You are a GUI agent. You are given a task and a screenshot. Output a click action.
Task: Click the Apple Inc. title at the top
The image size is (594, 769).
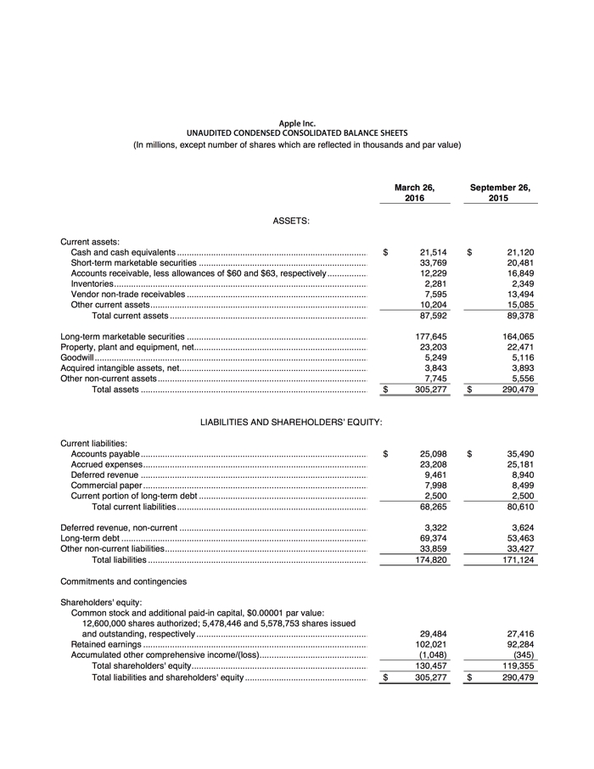click(297, 124)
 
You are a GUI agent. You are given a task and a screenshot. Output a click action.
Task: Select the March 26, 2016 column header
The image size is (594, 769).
click(414, 193)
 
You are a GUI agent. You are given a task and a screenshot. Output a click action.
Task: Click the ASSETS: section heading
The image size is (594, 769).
click(290, 221)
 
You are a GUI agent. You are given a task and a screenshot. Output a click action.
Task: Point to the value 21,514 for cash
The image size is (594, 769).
click(433, 253)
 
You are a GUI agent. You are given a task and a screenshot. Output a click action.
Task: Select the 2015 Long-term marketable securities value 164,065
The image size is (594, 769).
click(515, 337)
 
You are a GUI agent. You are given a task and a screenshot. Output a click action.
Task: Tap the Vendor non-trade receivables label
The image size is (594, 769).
click(127, 295)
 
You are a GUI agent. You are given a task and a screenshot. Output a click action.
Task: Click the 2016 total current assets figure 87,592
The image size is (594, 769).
click(433, 316)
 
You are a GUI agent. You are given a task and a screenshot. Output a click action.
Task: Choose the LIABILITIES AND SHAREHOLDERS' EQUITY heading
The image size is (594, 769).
click(290, 422)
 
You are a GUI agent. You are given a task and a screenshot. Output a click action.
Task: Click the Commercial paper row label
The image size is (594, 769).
click(106, 486)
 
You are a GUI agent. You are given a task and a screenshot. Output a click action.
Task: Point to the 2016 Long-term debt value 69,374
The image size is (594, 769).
click(433, 538)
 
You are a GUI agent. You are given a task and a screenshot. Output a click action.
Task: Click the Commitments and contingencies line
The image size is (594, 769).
click(123, 581)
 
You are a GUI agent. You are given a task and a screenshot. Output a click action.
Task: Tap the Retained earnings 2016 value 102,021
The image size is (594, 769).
click(432, 644)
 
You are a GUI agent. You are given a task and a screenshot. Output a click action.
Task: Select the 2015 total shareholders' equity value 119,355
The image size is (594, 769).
click(515, 665)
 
